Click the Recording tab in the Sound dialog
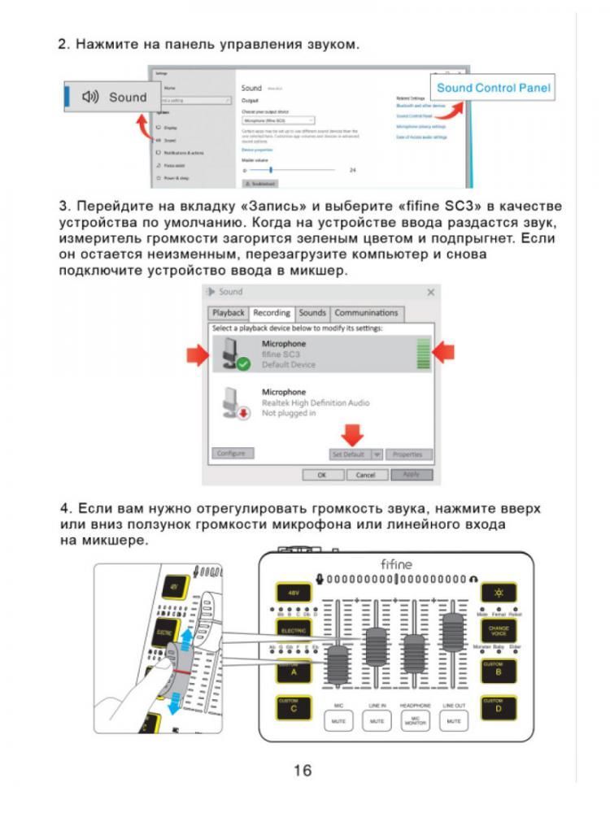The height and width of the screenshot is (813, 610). (272, 313)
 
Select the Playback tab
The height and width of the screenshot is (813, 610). (228, 313)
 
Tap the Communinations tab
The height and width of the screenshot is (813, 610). (366, 313)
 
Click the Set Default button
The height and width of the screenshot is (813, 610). (347, 454)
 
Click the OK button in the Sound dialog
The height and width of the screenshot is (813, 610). (321, 474)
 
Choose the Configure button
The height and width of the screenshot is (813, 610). (233, 454)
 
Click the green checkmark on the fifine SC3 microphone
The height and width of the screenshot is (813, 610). (242, 364)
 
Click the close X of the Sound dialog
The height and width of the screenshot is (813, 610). (430, 292)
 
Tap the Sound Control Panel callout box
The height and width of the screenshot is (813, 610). (494, 88)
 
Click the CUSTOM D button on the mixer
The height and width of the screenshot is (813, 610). (497, 706)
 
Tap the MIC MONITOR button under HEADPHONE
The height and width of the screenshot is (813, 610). (415, 720)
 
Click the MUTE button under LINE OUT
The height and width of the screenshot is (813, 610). (454, 720)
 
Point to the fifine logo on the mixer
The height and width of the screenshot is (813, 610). (396, 563)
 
